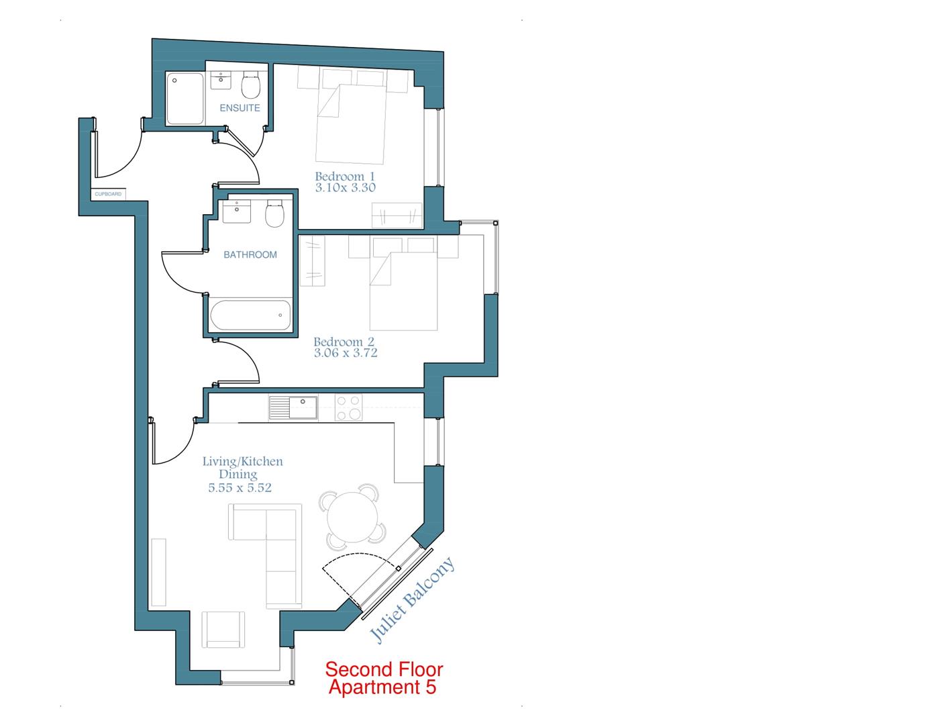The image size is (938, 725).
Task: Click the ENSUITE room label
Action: [240, 107]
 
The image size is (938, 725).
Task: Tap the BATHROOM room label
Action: [250, 254]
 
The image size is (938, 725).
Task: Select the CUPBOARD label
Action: [108, 194]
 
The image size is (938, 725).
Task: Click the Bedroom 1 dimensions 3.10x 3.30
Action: [345, 188]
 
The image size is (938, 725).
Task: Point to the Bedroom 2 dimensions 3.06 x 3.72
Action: [345, 353]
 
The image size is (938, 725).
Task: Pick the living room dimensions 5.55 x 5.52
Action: [240, 488]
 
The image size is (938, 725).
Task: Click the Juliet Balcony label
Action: [412, 600]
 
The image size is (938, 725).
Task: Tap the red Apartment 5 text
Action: [382, 687]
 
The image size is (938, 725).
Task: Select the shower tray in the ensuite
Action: [185, 99]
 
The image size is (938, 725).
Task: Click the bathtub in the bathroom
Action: [250, 315]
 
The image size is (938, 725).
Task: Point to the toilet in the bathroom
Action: [274, 213]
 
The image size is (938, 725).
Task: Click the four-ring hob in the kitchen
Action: [348, 407]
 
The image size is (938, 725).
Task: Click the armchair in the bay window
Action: [223, 630]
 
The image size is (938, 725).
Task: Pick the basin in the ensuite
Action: [221, 81]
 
